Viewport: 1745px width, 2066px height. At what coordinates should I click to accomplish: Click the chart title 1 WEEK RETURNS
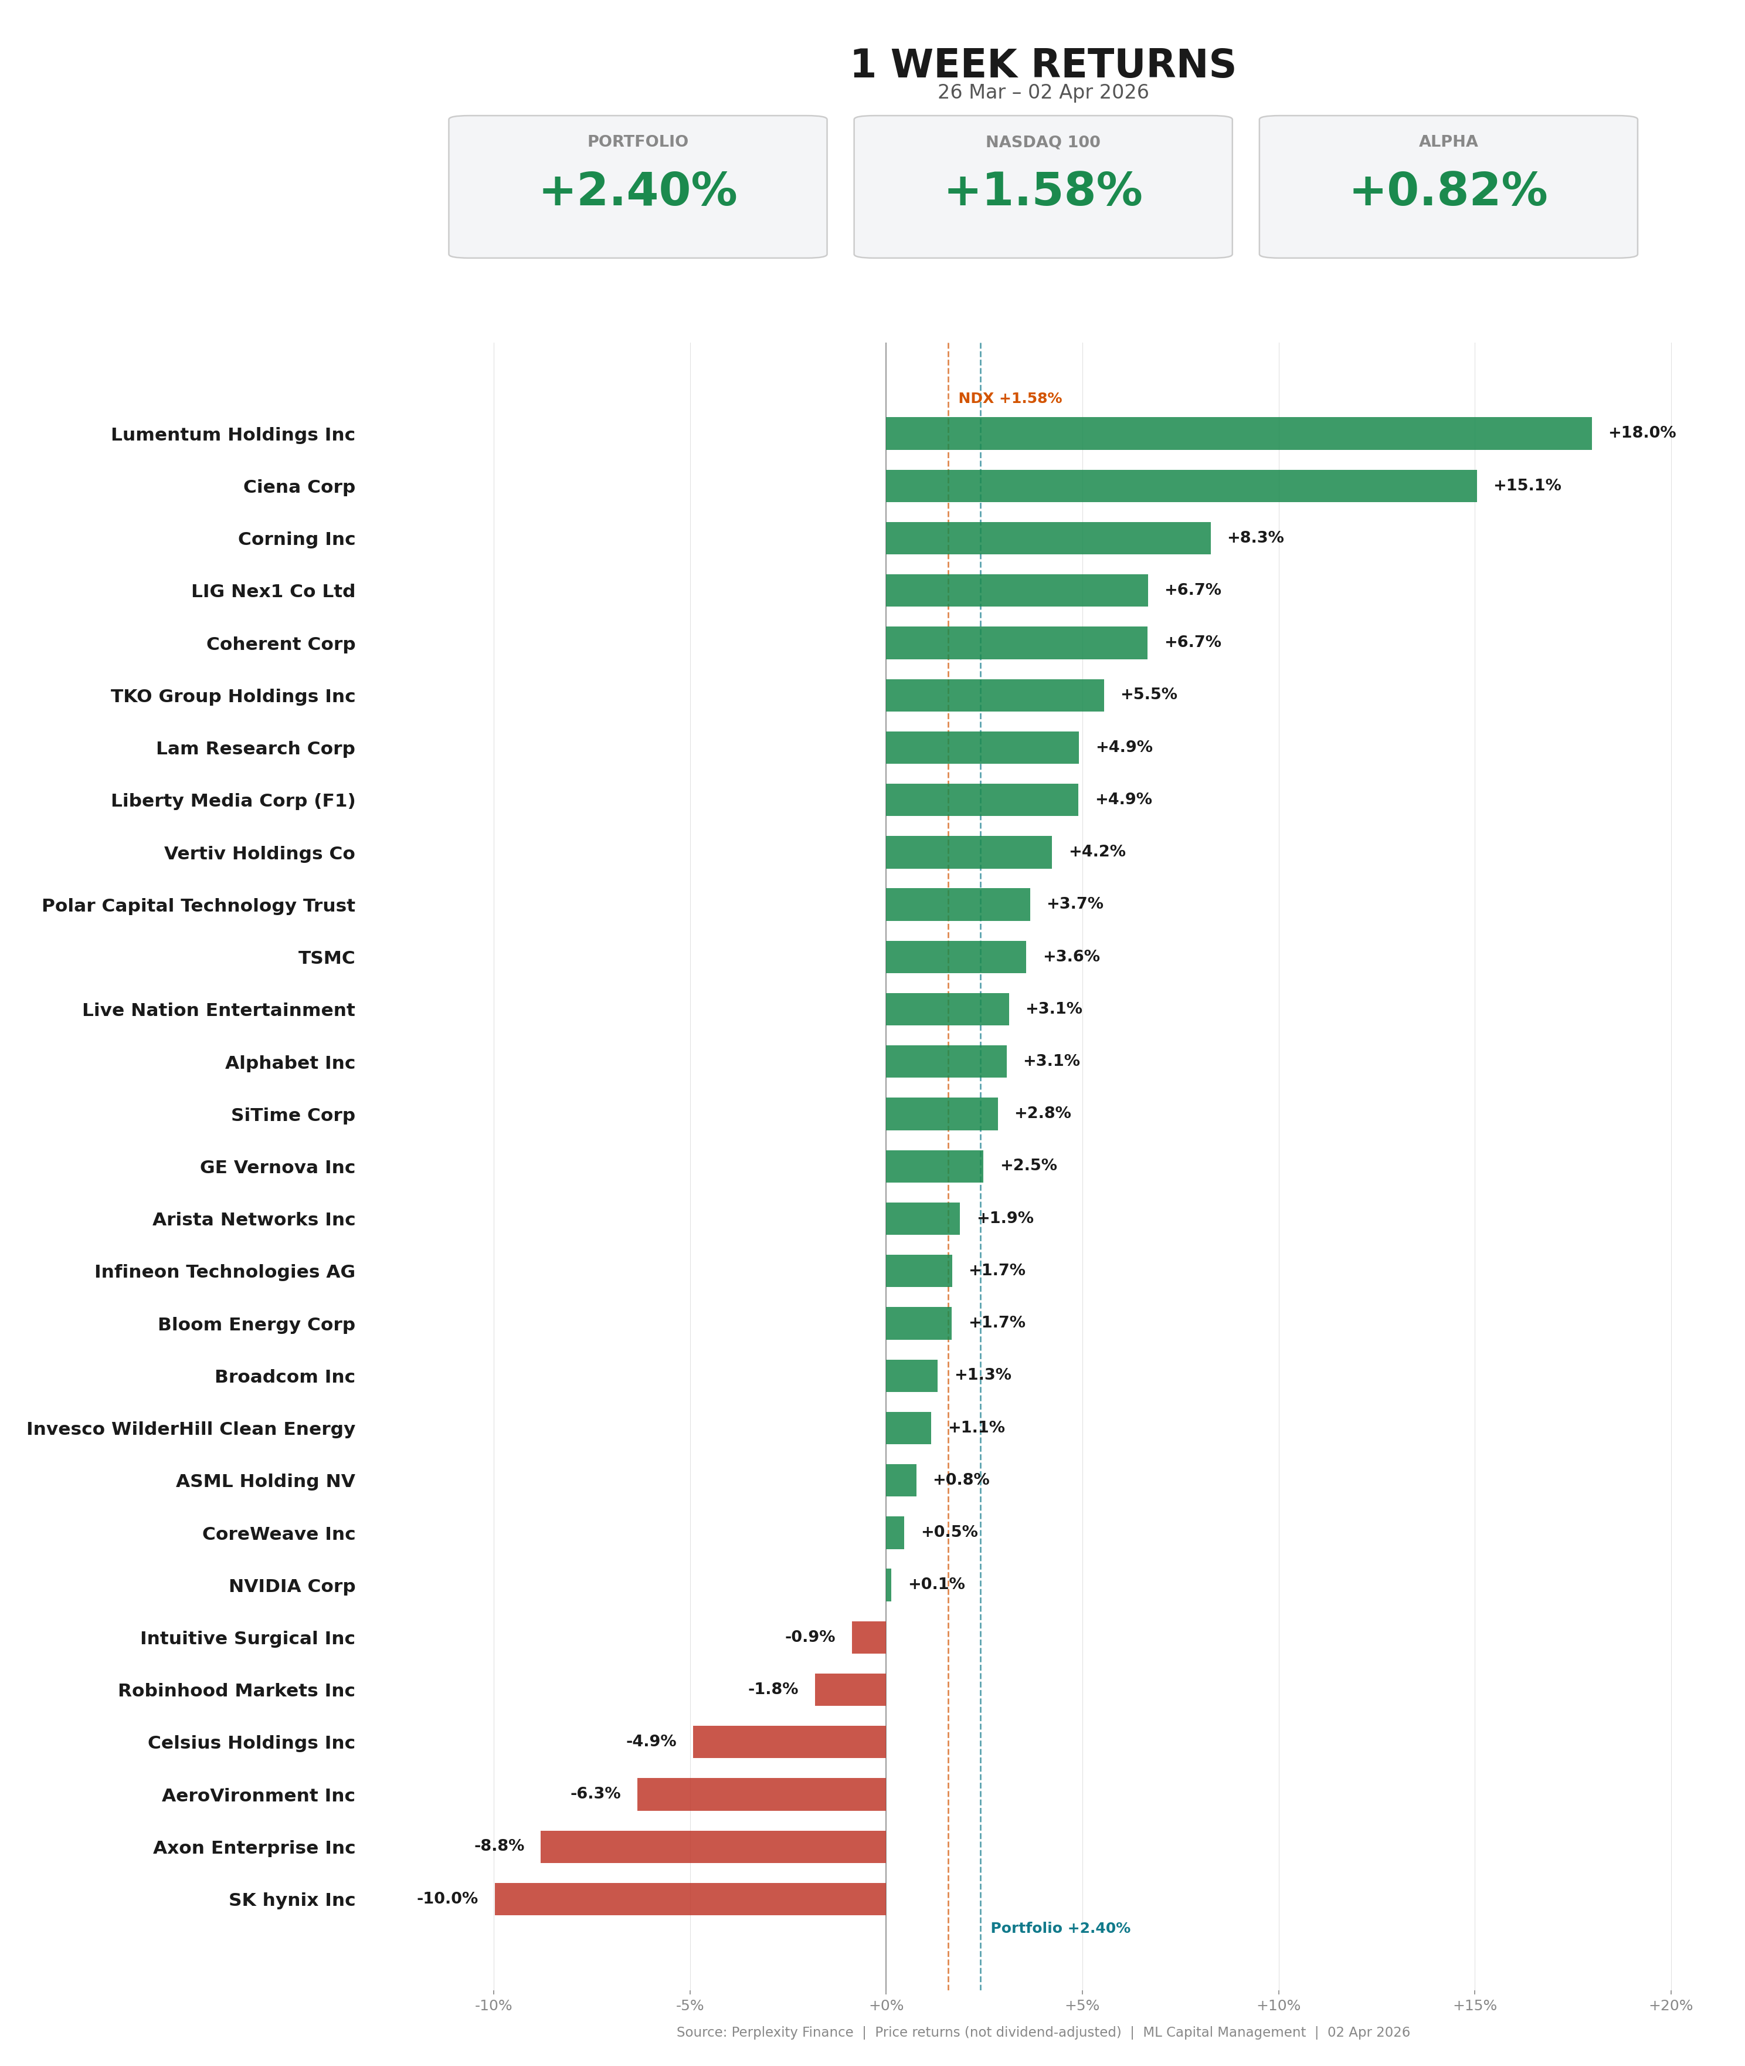(x=1043, y=65)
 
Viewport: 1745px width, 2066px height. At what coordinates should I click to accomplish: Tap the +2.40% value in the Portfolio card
(x=638, y=191)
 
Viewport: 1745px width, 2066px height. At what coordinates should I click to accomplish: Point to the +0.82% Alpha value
(x=1448, y=191)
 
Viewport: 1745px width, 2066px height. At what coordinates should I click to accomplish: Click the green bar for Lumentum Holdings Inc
(x=1238, y=433)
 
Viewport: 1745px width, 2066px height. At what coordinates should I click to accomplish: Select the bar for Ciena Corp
(x=1181, y=486)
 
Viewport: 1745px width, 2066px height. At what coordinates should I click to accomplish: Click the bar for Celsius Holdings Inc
(x=789, y=1742)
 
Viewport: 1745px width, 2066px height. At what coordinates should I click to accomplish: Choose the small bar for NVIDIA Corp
(x=888, y=1585)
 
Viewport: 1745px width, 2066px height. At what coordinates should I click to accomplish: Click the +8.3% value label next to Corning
(x=1255, y=537)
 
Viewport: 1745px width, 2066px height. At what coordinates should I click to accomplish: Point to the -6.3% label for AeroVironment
(x=596, y=1793)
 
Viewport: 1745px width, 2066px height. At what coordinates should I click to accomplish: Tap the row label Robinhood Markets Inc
(x=236, y=1690)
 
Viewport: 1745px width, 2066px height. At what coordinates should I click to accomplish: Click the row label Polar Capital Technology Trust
(x=198, y=905)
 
